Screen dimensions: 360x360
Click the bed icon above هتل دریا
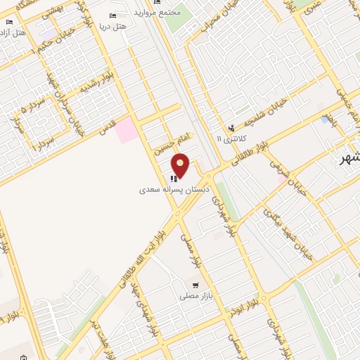click(x=112, y=15)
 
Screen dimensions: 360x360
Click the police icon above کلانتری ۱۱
click(x=231, y=127)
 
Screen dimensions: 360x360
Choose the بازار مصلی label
click(x=191, y=297)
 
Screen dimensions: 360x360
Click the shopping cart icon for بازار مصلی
click(x=205, y=285)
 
